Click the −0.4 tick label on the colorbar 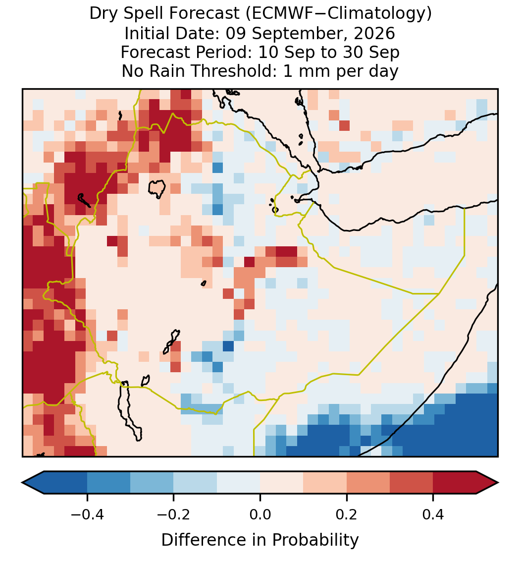tap(87, 514)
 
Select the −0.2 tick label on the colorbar tap(174, 514)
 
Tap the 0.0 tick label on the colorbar tap(260, 514)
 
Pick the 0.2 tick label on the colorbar tap(347, 514)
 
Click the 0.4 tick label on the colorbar tap(433, 514)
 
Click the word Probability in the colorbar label tap(315, 540)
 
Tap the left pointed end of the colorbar tap(22, 483)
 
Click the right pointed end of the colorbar tap(498, 483)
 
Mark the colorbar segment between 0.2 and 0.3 tap(368, 483)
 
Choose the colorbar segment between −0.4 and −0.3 tap(108, 483)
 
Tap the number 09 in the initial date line tap(236, 34)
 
